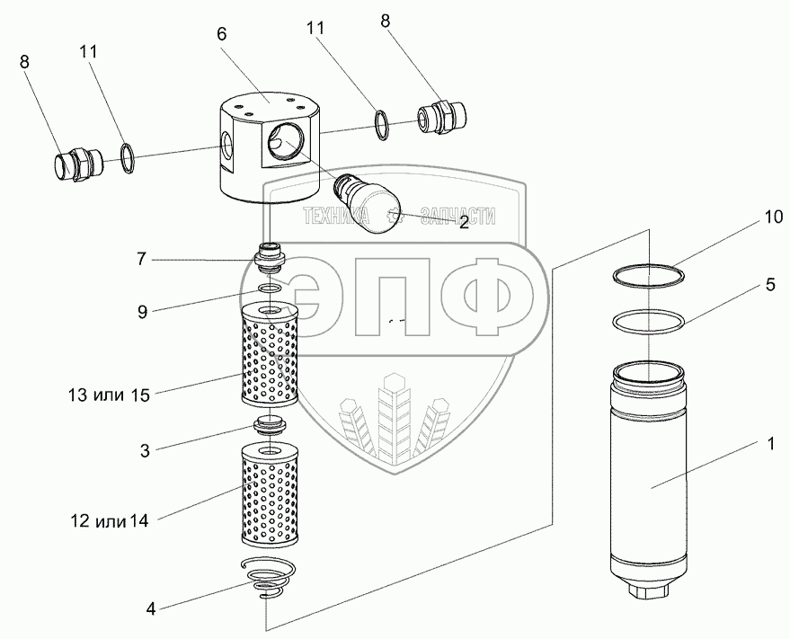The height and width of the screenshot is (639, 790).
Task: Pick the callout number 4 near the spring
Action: pyautogui.click(x=151, y=608)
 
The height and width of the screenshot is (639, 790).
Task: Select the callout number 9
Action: pyautogui.click(x=141, y=312)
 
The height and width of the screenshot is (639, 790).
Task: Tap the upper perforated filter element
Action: pyautogui.click(x=270, y=355)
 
